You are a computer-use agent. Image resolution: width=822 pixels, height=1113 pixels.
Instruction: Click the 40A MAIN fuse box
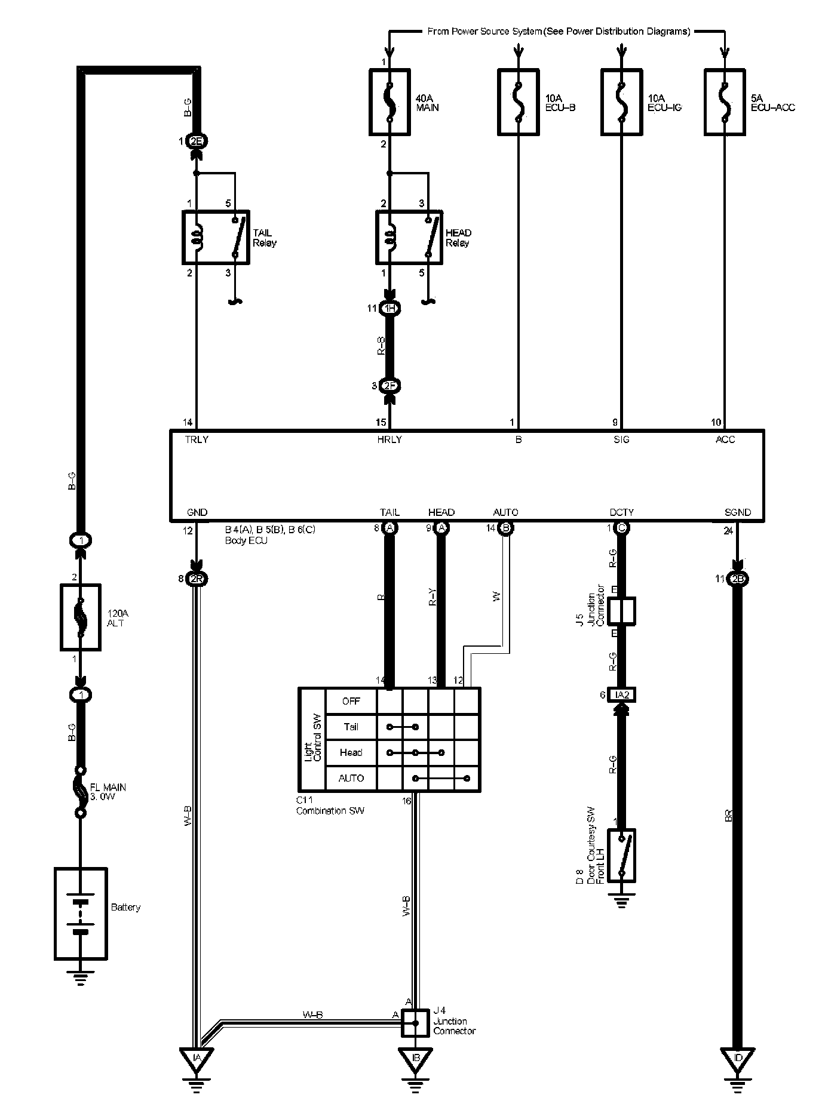point(389,102)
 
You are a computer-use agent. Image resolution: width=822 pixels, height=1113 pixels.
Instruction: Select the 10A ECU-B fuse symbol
point(518,102)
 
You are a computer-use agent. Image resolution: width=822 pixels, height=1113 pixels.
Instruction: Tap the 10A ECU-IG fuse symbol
point(621,102)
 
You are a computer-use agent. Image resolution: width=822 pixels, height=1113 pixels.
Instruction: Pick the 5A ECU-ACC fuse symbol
point(725,102)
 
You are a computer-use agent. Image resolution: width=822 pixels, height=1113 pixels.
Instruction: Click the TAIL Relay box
point(216,237)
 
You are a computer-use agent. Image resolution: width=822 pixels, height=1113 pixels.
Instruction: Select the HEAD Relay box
point(409,237)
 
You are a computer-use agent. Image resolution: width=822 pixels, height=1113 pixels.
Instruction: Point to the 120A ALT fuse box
point(80,617)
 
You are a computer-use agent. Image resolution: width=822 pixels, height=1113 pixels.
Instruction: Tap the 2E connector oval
point(196,142)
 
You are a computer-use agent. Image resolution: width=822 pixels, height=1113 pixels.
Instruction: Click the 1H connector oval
point(390,308)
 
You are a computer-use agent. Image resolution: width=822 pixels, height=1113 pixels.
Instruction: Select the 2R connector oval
point(196,579)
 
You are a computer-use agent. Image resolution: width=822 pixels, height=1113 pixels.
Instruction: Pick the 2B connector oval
point(738,579)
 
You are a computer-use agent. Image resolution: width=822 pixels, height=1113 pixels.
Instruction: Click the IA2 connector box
point(621,694)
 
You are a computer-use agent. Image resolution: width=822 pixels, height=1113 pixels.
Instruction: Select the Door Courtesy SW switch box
point(621,855)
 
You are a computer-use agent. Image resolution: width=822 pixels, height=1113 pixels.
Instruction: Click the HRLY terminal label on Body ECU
point(389,439)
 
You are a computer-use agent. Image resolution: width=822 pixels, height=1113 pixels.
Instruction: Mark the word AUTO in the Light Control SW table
point(351,778)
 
